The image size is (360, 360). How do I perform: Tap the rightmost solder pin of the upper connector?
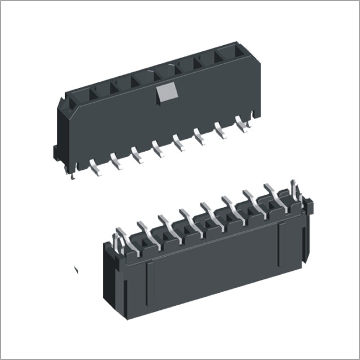point(243,124)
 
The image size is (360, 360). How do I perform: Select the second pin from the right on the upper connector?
point(222,133)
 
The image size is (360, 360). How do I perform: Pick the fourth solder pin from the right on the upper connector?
point(179,142)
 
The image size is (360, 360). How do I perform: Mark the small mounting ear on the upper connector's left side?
point(56,152)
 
